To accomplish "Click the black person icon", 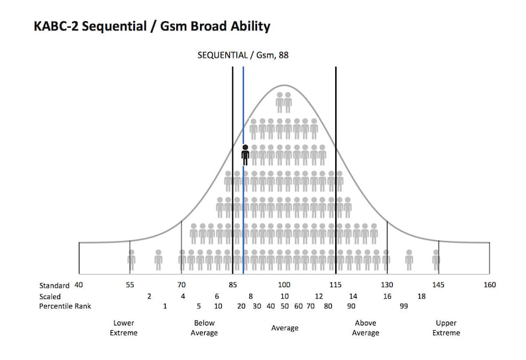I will pos(245,155).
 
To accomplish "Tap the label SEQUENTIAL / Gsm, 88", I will pos(243,55).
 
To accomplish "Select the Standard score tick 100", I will pos(284,285).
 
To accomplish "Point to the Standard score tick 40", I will pos(78,285).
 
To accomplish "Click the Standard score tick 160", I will pos(490,285).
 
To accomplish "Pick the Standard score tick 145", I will pos(438,285).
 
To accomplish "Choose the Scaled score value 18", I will pos(421,296).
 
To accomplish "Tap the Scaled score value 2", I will pos(149,296).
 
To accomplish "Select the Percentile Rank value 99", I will pos(403,306).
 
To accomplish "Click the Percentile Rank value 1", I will pos(165,306).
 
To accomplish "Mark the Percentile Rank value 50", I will pos(284,306).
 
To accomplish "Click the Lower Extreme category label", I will pos(123,328).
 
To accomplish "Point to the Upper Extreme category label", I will pos(446,328).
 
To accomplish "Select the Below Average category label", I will pos(204,328).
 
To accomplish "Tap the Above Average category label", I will pos(366,328).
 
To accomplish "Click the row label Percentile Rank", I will pos(65,306).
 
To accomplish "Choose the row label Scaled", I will pos(50,296).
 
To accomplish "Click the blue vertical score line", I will pos(243,199).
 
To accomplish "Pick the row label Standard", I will pos(54,285).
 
